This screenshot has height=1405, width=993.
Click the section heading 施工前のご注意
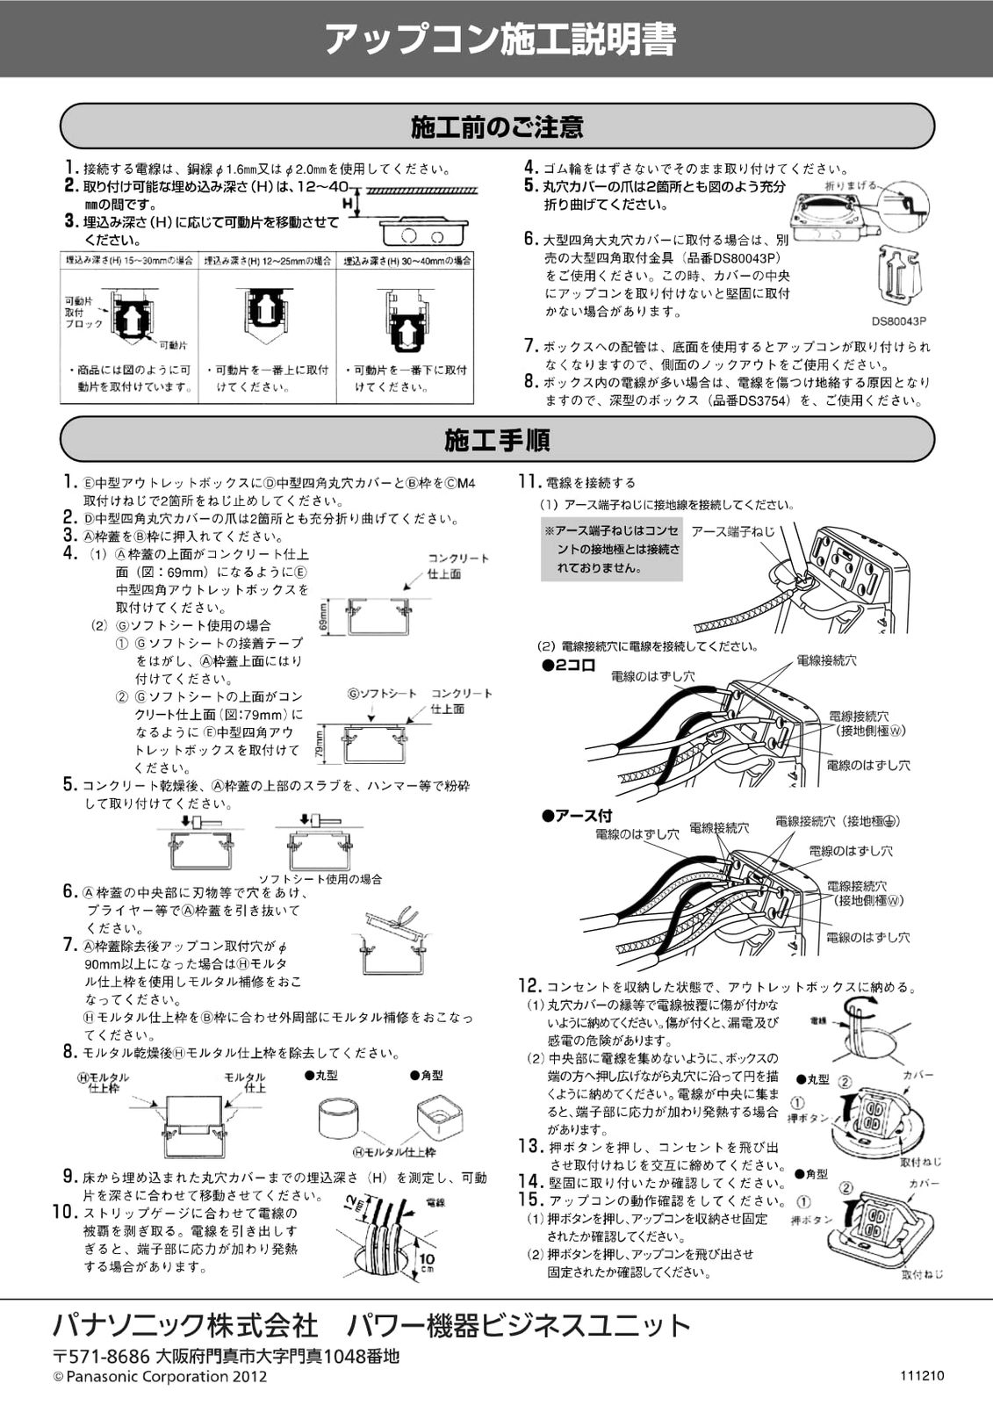[497, 127]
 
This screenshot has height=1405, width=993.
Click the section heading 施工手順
[497, 439]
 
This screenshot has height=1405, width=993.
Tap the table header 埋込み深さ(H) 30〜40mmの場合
[406, 261]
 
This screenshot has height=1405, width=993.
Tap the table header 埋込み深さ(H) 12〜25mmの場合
[267, 261]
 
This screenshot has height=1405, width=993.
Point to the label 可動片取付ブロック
[83, 312]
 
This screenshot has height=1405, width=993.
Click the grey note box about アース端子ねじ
[612, 549]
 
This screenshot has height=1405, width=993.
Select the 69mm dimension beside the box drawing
[324, 616]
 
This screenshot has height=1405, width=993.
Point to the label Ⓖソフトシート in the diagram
[383, 694]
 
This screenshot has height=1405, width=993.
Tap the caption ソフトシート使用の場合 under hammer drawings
[320, 879]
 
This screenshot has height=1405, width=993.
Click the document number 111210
[921, 1376]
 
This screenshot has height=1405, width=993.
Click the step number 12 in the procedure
[529, 985]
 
